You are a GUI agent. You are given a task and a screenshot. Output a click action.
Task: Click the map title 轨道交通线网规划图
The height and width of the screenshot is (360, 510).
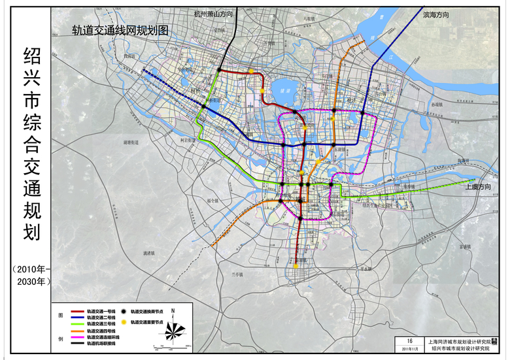[x=120, y=30]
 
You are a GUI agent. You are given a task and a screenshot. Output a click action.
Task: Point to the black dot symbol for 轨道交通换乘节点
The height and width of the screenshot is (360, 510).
[x=124, y=313]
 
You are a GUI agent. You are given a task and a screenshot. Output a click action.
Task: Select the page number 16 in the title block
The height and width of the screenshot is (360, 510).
[x=409, y=341]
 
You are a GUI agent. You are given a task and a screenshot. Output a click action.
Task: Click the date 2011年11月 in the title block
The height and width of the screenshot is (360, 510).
[x=409, y=349]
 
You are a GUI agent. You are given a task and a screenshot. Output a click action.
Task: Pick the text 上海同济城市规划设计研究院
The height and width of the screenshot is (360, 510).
[x=466, y=341]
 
